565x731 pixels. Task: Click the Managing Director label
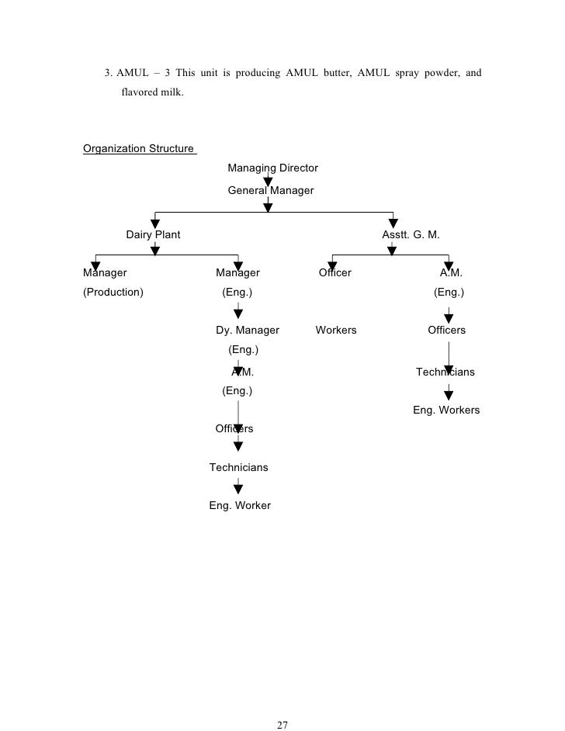coord(272,168)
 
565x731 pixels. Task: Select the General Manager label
coord(271,190)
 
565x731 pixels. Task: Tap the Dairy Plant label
coord(154,234)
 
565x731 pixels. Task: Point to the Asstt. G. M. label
coord(411,234)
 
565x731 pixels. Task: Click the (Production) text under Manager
coord(113,293)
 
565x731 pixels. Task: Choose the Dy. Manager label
coord(248,330)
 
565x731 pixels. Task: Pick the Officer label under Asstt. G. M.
coord(335,272)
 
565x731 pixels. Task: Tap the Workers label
coord(336,330)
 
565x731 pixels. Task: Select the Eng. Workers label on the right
coord(446,410)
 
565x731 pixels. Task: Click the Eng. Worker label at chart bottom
coord(240,505)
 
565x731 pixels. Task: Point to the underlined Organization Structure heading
coord(139,148)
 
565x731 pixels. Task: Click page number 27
coord(282,704)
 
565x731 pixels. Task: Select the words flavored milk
coord(154,93)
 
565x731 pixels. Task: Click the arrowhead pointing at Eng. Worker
coord(238,489)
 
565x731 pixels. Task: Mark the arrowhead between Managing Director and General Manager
coord(268,182)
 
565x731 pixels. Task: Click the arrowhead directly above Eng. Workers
coord(449,394)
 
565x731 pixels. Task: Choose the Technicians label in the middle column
coord(239,467)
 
